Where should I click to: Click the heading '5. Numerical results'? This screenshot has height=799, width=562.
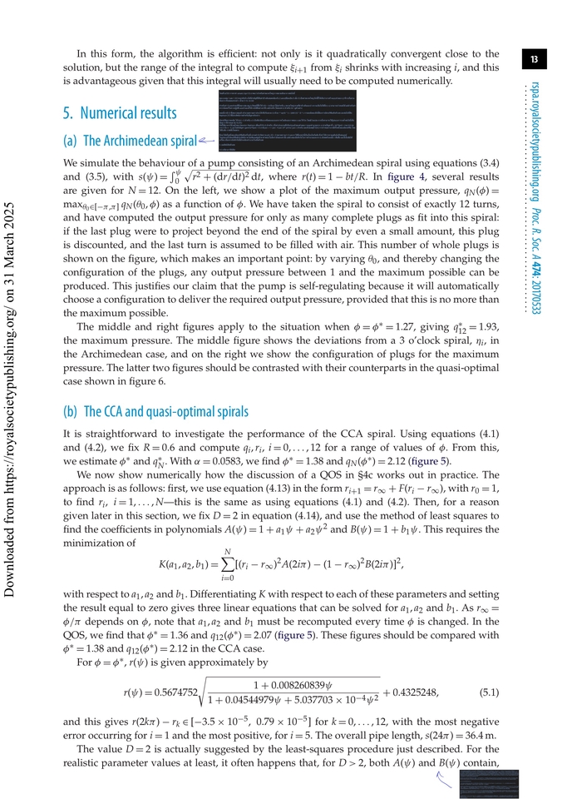[x=120, y=112]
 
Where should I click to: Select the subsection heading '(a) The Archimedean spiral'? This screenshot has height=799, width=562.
[x=129, y=141]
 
